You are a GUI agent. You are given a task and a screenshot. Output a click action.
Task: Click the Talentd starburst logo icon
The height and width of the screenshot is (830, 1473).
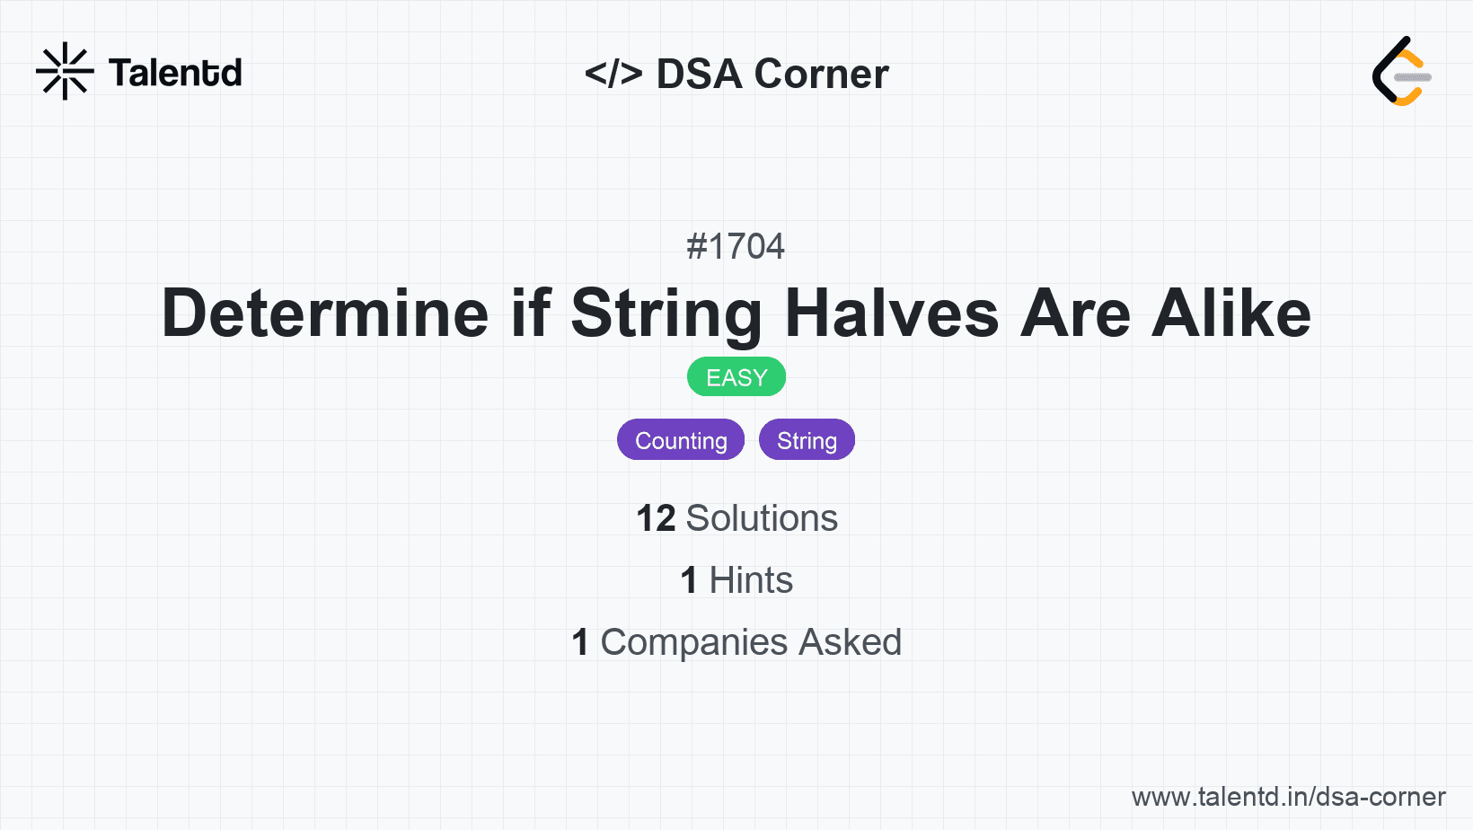pyautogui.click(x=65, y=71)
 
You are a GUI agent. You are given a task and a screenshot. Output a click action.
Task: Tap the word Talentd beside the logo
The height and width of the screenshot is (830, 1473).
pyautogui.click(x=175, y=73)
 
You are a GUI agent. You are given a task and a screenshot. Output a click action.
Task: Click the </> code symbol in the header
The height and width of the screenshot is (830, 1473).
pyautogui.click(x=613, y=74)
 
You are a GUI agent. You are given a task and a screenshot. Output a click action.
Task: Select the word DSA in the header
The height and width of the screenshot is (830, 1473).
pyautogui.click(x=699, y=74)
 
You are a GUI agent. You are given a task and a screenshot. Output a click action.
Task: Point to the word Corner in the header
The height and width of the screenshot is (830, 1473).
pyautogui.click(x=821, y=74)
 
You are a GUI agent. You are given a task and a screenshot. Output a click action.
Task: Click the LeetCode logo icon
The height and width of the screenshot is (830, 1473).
pyautogui.click(x=1401, y=72)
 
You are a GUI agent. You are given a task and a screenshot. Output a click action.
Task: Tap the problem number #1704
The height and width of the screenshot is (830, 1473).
pyautogui.click(x=736, y=246)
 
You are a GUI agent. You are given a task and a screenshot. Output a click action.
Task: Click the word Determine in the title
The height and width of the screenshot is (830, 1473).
pyautogui.click(x=325, y=313)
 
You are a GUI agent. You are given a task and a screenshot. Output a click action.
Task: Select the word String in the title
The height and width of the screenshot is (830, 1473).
pyautogui.click(x=666, y=313)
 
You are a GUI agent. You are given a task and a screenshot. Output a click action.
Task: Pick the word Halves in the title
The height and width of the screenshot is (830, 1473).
pyautogui.click(x=892, y=313)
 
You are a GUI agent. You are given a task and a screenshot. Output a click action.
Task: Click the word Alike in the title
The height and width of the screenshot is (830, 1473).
pyautogui.click(x=1231, y=313)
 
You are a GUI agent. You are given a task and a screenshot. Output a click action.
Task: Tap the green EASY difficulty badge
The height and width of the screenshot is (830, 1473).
pyautogui.click(x=736, y=377)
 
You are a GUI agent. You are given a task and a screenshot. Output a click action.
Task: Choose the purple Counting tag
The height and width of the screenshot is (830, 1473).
pyautogui.click(x=681, y=440)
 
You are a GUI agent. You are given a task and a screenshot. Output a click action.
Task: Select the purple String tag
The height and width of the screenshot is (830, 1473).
pyautogui.click(x=807, y=440)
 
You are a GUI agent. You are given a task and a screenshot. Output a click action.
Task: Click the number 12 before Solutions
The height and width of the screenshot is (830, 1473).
pyautogui.click(x=656, y=518)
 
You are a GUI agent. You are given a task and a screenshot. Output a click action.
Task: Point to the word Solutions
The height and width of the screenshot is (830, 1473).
pyautogui.click(x=762, y=518)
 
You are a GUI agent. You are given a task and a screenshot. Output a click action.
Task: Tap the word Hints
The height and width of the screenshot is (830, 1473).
pyautogui.click(x=751, y=580)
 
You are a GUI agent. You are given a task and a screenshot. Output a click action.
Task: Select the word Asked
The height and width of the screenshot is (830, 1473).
pyautogui.click(x=850, y=642)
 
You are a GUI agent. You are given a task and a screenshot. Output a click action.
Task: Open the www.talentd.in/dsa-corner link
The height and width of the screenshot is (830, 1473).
pyautogui.click(x=1288, y=797)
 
